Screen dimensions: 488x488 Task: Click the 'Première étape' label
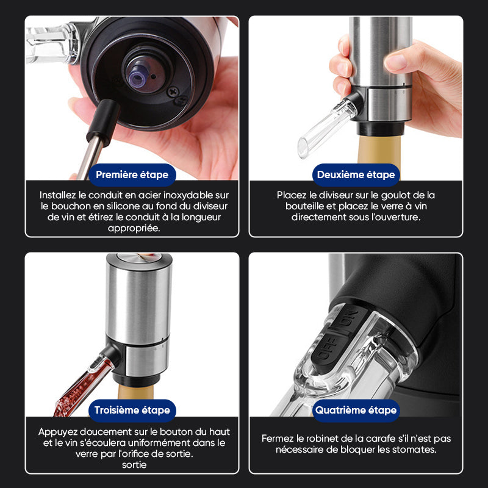click(x=132, y=174)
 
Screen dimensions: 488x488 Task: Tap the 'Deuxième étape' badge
click(x=356, y=174)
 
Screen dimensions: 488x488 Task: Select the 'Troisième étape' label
click(x=132, y=410)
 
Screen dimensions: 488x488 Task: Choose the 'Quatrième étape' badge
click(x=356, y=410)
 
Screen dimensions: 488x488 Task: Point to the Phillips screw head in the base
click(x=173, y=92)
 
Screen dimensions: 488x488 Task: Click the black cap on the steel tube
click(x=103, y=122)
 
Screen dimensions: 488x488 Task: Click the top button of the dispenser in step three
click(x=139, y=257)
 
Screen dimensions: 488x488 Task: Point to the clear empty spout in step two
click(x=327, y=129)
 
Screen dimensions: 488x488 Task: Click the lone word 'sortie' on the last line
click(x=134, y=465)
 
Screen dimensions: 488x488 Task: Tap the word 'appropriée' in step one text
click(x=134, y=228)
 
